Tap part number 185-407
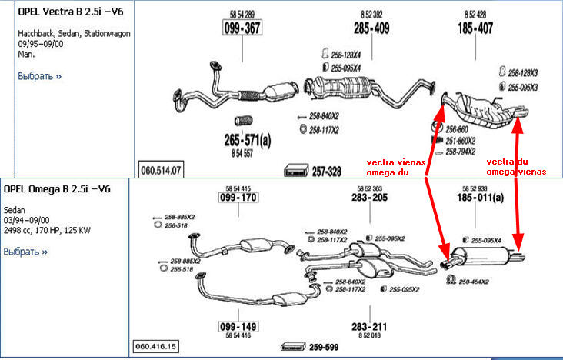[475, 29]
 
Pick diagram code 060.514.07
[160, 169]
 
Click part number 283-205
[369, 198]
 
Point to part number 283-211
[369, 326]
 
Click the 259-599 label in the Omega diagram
[325, 347]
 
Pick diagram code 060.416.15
[156, 347]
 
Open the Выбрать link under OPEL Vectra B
[39, 76]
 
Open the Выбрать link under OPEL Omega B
[25, 251]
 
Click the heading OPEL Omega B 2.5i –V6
[58, 189]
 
